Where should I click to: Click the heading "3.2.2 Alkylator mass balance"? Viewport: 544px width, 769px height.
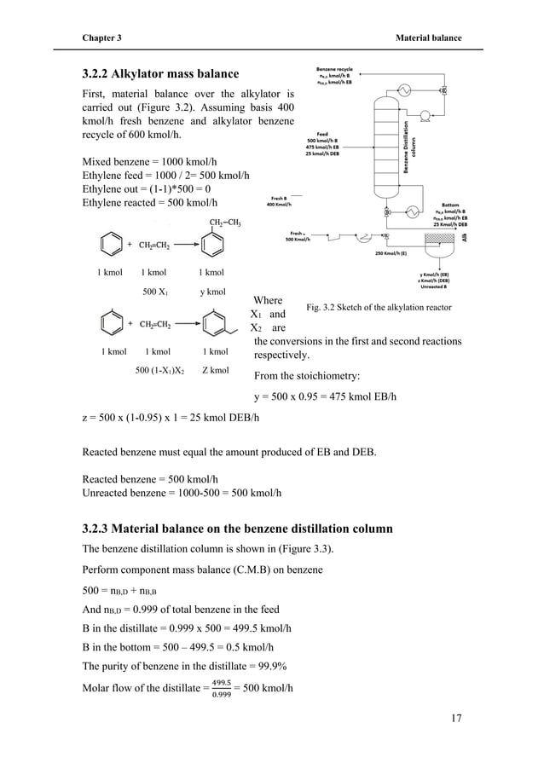(159, 73)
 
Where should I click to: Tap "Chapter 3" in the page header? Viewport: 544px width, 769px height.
(101, 38)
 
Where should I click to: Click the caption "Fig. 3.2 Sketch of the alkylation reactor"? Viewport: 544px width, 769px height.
(378, 307)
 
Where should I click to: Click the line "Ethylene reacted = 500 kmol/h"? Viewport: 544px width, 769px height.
(149, 202)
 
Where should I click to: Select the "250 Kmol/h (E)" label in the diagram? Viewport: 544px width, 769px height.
(391, 252)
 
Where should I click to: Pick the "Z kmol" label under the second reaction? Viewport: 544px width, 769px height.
(215, 371)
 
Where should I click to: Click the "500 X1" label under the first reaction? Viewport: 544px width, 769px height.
(154, 291)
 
